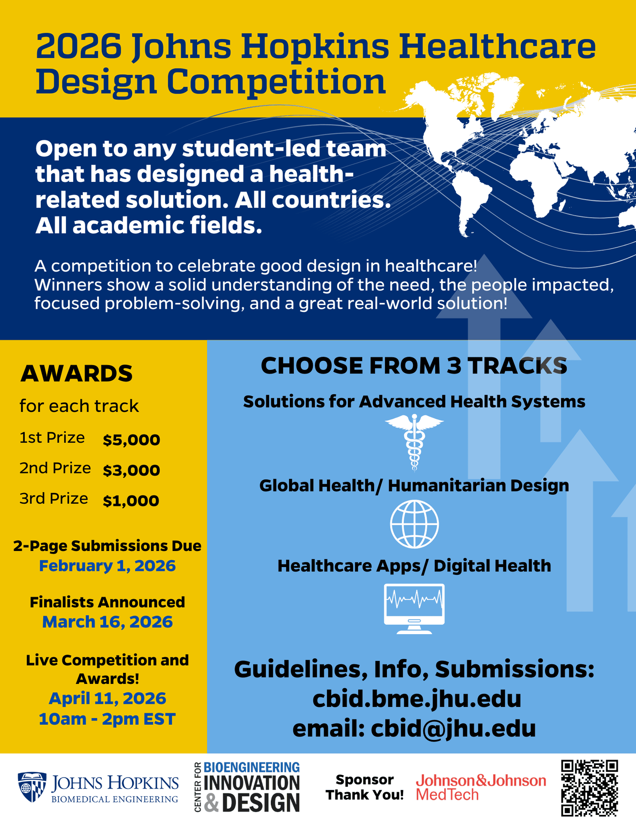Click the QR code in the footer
589,787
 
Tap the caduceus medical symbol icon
414,441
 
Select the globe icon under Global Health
414,524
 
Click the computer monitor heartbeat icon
414,608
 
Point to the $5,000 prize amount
131,440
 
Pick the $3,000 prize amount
131,470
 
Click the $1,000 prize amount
131,501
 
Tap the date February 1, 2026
107,566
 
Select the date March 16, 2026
107,622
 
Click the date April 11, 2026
107,698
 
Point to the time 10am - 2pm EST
107,719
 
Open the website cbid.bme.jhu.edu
416,699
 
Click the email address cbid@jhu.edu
453,729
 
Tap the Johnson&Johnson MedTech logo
480,787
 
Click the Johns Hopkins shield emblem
32,787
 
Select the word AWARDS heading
76,373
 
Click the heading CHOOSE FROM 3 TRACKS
414,366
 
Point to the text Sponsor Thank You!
365,787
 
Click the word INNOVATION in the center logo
251,783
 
